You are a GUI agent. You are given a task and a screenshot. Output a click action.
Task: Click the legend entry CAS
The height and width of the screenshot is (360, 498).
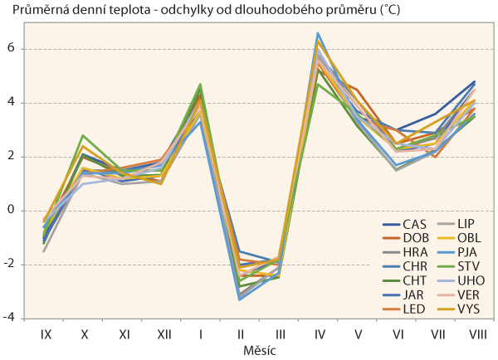(414, 223)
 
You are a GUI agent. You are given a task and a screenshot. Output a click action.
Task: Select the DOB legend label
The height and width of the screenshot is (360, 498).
(415, 238)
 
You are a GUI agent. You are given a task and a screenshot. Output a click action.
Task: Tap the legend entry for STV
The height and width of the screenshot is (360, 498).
(463, 268)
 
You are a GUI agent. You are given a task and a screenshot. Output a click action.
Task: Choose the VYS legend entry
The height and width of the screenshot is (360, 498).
(463, 313)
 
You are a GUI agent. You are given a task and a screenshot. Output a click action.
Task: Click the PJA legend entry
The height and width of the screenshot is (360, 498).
(462, 253)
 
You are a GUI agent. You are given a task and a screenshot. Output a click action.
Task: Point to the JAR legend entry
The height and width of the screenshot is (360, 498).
(414, 298)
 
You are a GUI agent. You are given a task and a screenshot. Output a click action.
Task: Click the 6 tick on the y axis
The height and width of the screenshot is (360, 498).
(12, 49)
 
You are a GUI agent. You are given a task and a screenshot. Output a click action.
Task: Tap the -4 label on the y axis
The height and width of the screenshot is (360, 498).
(10, 319)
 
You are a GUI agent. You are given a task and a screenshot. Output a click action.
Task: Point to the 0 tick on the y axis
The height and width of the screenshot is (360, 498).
(12, 211)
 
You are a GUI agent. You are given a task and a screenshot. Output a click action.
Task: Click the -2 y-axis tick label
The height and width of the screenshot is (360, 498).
(10, 265)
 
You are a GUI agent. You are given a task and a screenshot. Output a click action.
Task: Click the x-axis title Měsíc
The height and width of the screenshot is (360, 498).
(260, 350)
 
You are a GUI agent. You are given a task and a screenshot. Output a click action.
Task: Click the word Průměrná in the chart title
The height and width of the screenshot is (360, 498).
(30, 10)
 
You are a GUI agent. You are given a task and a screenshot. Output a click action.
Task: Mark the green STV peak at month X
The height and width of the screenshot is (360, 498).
(84, 135)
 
